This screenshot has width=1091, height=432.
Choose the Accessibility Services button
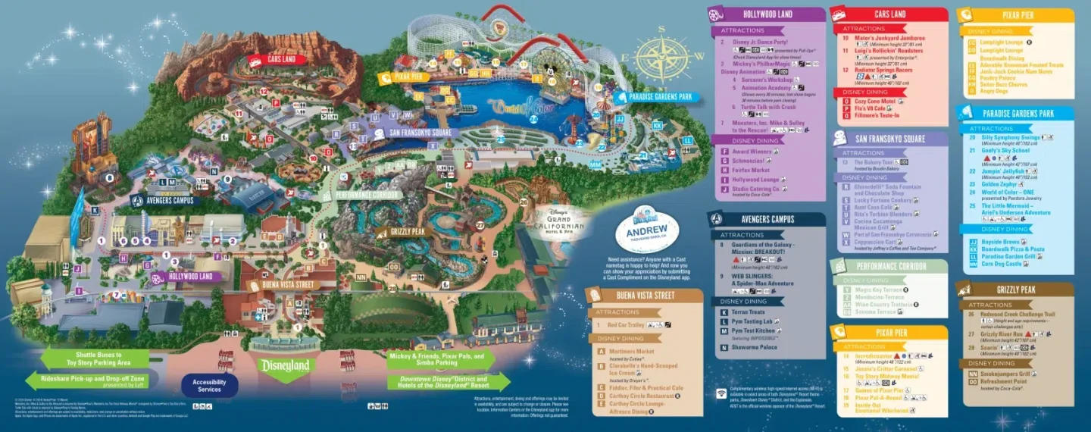coord(210,385)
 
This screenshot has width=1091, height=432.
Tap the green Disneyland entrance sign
coord(286,366)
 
